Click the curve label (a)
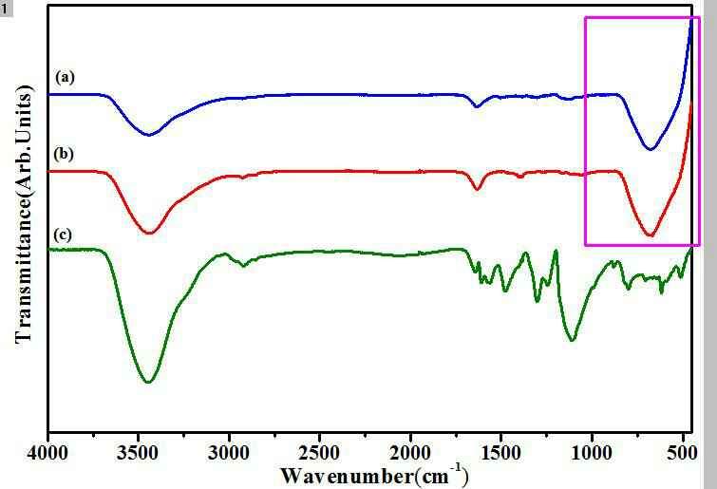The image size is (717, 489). coord(65,76)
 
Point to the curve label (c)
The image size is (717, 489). coord(65,234)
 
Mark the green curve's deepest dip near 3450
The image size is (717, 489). coord(147,382)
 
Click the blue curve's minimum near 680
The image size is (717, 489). coord(650,149)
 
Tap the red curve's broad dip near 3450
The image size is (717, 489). coord(148,233)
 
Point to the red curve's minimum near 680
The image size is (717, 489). coord(650,235)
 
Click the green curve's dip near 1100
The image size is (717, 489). coord(571,339)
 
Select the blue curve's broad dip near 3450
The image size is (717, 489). coord(148,135)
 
